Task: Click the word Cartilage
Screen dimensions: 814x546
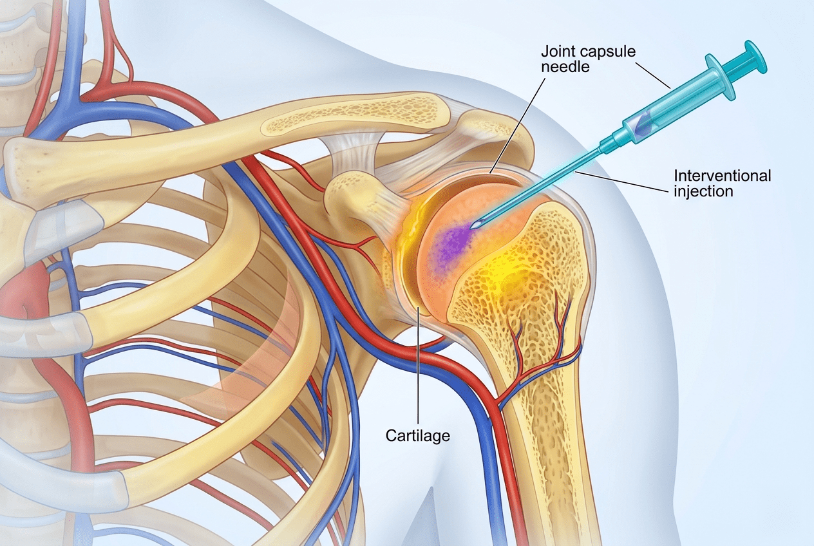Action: [417, 435]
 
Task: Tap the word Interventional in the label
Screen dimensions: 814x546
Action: [723, 176]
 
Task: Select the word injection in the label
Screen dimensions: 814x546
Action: [703, 191]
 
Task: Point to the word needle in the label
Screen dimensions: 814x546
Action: [565, 67]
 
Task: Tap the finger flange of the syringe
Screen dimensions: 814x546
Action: [721, 77]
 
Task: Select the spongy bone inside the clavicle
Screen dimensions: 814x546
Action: [352, 120]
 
